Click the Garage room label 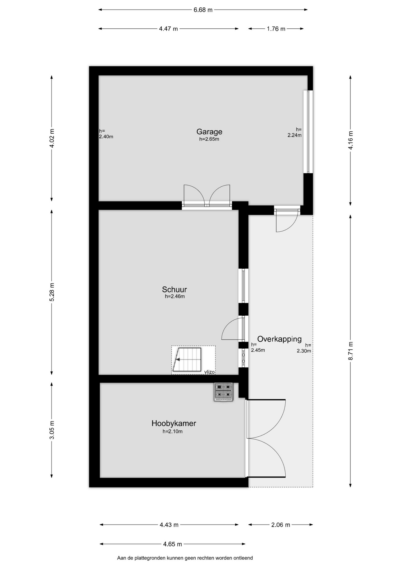(x=209, y=132)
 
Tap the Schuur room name (x=174, y=289)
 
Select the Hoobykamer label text (x=174, y=423)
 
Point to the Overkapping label (x=279, y=339)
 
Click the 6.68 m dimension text (x=203, y=10)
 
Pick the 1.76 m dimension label (x=276, y=29)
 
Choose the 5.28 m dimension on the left (x=52, y=292)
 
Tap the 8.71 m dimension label (x=350, y=351)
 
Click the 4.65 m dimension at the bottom (x=173, y=544)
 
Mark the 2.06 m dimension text (x=281, y=525)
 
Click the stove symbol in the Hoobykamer (x=223, y=392)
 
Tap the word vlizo (x=209, y=372)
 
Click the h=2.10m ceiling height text (x=173, y=431)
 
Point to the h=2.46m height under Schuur (x=175, y=296)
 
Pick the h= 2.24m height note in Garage (x=295, y=132)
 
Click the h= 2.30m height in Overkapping (x=304, y=348)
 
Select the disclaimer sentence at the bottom (x=185, y=558)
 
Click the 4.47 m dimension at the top (x=168, y=29)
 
